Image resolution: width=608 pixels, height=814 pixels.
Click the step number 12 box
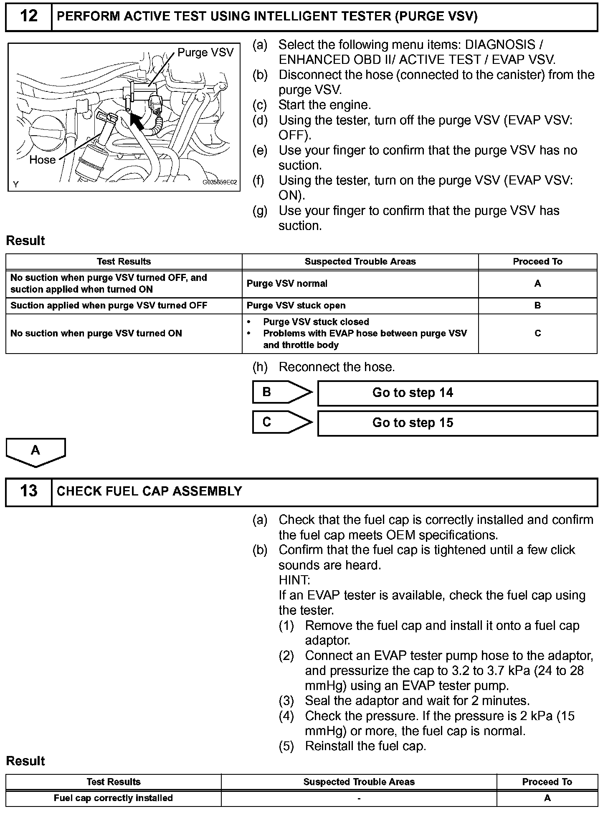coord(28,17)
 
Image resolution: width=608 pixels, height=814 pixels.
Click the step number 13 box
coord(28,491)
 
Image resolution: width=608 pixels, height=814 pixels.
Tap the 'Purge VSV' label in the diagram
coord(205,53)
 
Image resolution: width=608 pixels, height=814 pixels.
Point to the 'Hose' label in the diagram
coord(42,160)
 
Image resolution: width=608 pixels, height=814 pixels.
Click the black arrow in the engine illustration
coord(137,121)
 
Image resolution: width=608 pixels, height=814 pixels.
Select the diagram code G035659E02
coord(220,182)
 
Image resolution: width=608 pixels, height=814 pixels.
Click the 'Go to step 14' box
coord(457,393)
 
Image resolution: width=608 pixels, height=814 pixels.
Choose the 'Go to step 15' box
coord(457,423)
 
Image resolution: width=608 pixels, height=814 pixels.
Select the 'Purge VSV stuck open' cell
coord(296,306)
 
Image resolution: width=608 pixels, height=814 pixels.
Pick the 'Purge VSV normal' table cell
coord(287,284)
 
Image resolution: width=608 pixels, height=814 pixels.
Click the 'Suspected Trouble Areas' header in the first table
coord(360,262)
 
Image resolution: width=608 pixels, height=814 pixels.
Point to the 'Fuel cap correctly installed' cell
coord(113,798)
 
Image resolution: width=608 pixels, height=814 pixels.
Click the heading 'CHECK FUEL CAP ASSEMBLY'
coord(149,491)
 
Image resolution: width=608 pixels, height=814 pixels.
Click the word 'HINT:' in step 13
coord(294,580)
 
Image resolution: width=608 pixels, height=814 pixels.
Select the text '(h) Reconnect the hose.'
coord(324,367)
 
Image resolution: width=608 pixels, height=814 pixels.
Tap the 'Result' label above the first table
coord(25,241)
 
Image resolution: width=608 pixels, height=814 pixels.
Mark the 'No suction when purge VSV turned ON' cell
coord(96,334)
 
